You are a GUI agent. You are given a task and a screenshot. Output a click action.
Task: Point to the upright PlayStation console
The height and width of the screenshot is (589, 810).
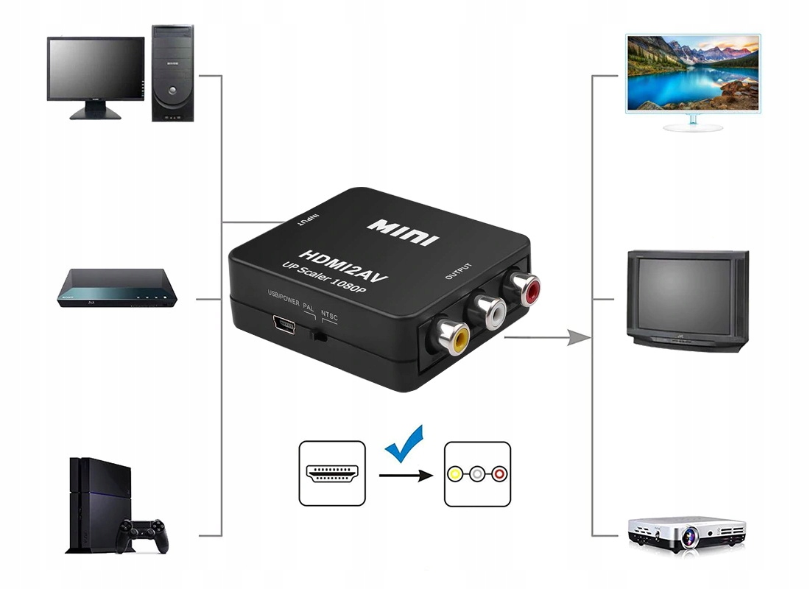(96, 505)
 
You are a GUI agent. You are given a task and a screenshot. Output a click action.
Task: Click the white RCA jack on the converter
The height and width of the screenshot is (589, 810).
(490, 310)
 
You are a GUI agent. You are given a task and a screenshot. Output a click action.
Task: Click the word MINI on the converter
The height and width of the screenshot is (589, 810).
(403, 228)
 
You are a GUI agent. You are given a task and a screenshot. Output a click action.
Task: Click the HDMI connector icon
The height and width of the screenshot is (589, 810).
(332, 473)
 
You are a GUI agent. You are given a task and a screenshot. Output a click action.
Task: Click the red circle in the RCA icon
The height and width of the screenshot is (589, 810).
(499, 473)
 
